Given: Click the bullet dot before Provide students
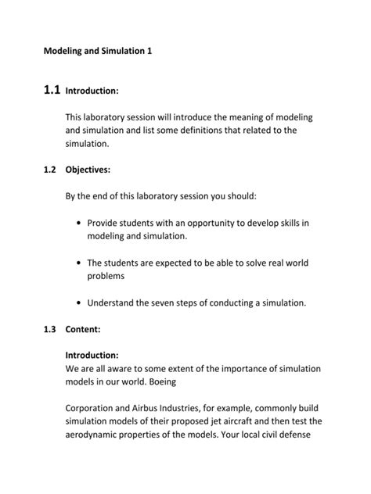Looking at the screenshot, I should pyautogui.click(x=81, y=223).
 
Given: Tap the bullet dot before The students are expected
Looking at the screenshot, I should pyautogui.click(x=81, y=263).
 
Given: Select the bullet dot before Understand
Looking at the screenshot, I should pyautogui.click(x=81, y=302).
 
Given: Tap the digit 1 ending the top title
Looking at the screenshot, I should pyautogui.click(x=148, y=51).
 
